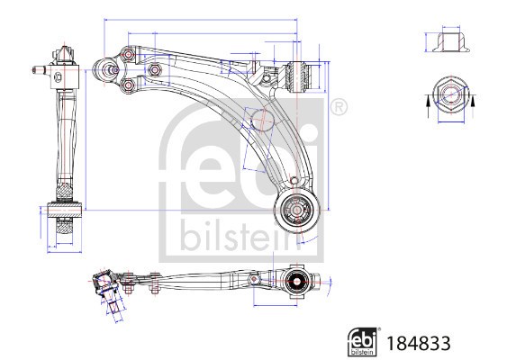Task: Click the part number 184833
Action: point(417,343)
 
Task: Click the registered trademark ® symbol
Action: point(338,109)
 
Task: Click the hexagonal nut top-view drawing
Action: point(447,97)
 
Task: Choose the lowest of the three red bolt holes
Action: point(127,85)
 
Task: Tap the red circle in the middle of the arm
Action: point(262,117)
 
